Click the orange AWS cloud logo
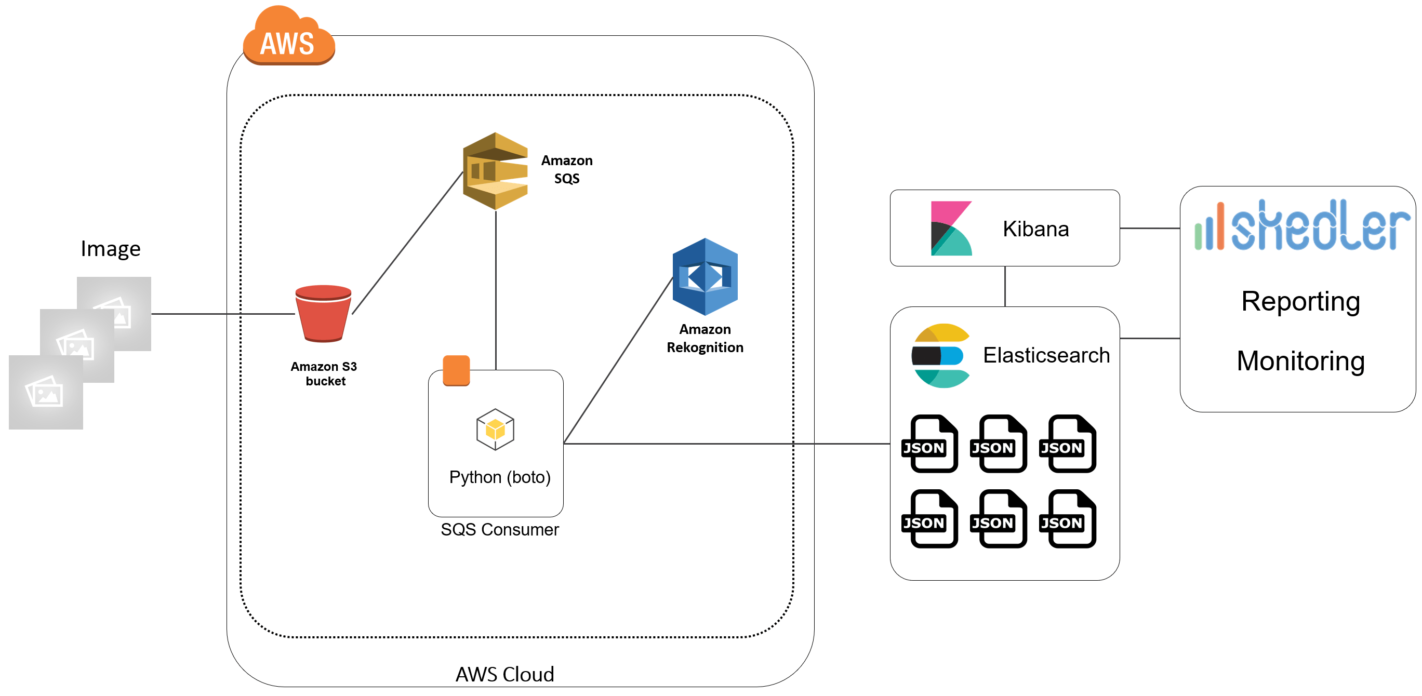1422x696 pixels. tap(288, 38)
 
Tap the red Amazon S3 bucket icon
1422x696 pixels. tap(324, 313)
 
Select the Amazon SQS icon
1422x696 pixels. tap(495, 171)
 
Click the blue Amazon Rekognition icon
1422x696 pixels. tap(705, 276)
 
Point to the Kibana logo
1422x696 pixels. tap(951, 228)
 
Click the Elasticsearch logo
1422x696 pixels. tap(940, 356)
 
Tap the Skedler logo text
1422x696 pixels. tap(1319, 226)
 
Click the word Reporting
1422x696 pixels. tap(1300, 302)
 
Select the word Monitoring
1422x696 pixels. tap(1300, 362)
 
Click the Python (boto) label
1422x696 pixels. tap(500, 477)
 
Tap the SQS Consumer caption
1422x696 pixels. tap(500, 530)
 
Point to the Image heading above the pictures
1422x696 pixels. tap(110, 249)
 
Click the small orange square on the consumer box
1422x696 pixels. tap(456, 370)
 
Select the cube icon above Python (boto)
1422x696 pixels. tap(495, 430)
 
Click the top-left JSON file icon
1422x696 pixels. tap(930, 444)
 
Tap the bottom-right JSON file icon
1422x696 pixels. tap(1068, 519)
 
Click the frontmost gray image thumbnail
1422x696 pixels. tap(46, 393)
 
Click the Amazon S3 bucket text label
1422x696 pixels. tap(325, 373)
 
